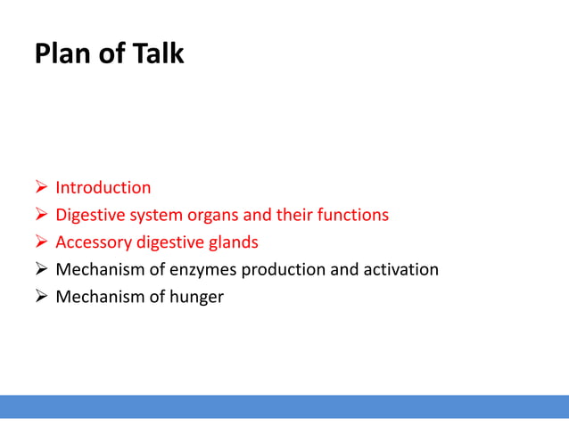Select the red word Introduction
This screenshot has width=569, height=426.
[x=103, y=188]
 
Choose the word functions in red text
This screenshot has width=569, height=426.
[x=353, y=216]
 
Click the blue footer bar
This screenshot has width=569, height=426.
[x=284, y=406]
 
